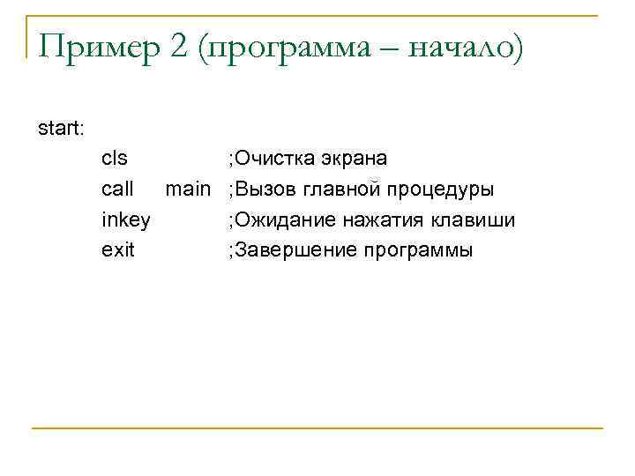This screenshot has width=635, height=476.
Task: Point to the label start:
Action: coord(62,129)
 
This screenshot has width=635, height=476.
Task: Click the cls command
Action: coord(115,160)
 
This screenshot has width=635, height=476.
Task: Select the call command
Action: coord(117,190)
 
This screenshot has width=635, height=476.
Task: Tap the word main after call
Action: coord(189,190)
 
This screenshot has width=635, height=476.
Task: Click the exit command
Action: coord(118,250)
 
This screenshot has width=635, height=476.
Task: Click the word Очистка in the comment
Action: coord(268,160)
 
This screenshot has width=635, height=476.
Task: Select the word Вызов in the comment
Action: coord(264,190)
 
